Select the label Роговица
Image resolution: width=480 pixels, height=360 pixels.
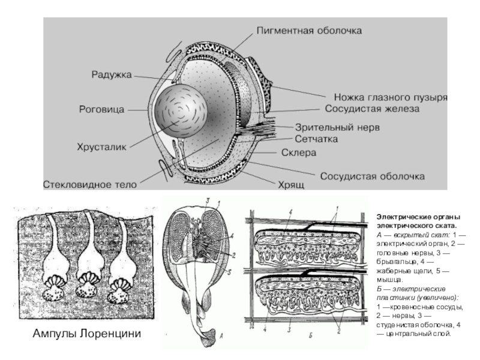point(102,110)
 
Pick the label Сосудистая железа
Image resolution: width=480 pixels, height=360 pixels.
point(372,110)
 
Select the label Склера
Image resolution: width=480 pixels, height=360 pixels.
point(299,152)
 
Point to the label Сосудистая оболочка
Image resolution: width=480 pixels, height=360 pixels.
point(373,177)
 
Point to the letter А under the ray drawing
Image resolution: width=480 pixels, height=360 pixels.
point(222,337)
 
